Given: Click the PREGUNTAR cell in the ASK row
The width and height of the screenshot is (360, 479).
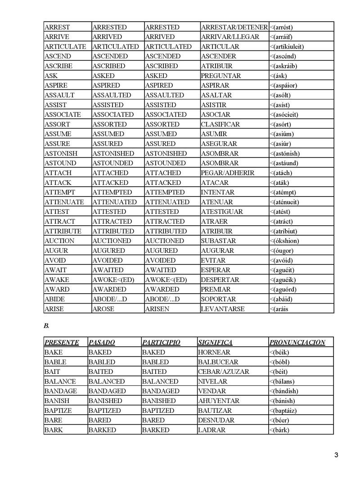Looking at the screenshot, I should (x=221, y=76).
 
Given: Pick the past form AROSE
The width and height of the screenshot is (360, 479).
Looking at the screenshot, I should (x=103, y=309).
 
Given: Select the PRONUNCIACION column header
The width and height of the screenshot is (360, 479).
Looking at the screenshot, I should (x=297, y=342).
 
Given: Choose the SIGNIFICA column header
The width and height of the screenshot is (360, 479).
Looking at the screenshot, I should (x=215, y=342).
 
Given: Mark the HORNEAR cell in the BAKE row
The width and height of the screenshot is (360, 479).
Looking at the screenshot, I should (x=214, y=352).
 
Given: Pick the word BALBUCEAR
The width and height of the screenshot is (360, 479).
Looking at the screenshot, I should (x=217, y=362).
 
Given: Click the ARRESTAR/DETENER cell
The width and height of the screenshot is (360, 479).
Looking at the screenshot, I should (x=234, y=27).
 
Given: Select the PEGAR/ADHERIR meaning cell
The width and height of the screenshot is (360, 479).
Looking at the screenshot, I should (x=227, y=173).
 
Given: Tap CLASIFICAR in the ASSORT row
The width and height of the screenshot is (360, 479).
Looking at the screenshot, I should (x=220, y=124).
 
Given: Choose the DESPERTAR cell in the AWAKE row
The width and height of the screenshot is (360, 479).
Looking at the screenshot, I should (x=220, y=280).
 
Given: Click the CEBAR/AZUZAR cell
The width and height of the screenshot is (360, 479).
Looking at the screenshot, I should (x=223, y=372).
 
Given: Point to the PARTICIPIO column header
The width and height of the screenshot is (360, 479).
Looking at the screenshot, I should (x=161, y=342).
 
